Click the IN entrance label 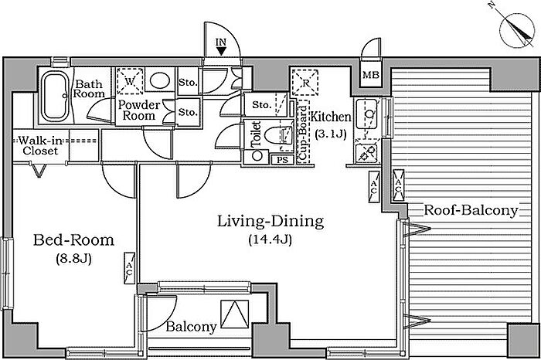tap(221, 42)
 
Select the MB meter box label tap(371, 74)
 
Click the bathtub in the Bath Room tap(55, 96)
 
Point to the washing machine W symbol tap(130, 81)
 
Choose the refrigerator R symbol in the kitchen tap(305, 83)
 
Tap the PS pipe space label tap(283, 160)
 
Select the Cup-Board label tap(302, 134)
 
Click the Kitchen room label tap(331, 117)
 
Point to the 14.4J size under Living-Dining tap(270, 239)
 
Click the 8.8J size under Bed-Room tap(74, 259)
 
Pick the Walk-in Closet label tap(40, 145)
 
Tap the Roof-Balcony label tap(471, 210)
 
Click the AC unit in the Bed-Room tap(129, 268)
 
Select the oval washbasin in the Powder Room tap(160, 80)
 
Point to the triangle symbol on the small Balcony tap(235, 314)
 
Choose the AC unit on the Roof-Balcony tap(399, 185)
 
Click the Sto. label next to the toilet tap(261, 104)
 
